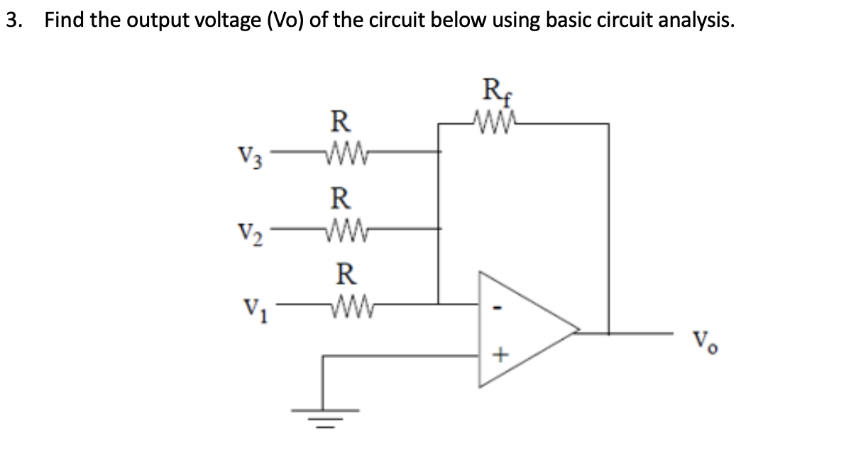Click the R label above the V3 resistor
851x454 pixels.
(x=341, y=121)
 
